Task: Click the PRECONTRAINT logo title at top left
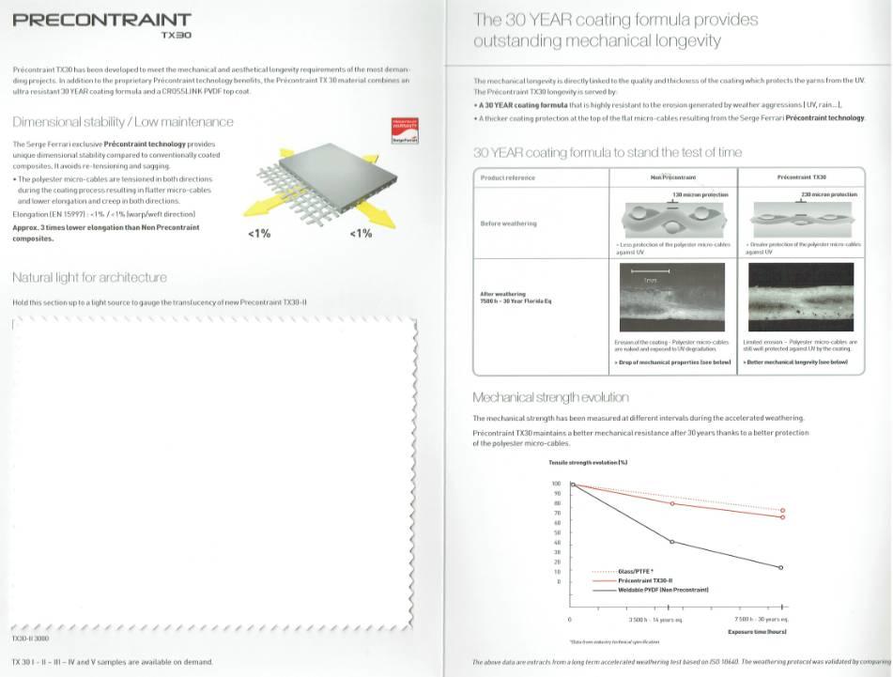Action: tap(102, 20)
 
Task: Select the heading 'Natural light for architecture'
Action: tap(89, 277)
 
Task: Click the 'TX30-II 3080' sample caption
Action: tap(32, 639)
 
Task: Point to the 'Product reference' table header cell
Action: tap(508, 177)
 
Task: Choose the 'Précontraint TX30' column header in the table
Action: tap(802, 177)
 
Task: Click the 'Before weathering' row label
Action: tap(508, 223)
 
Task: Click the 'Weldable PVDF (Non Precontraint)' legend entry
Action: tap(663, 589)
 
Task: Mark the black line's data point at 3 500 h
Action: tap(671, 542)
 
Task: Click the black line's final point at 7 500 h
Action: tap(782, 567)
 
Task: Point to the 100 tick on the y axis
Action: tap(556, 484)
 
